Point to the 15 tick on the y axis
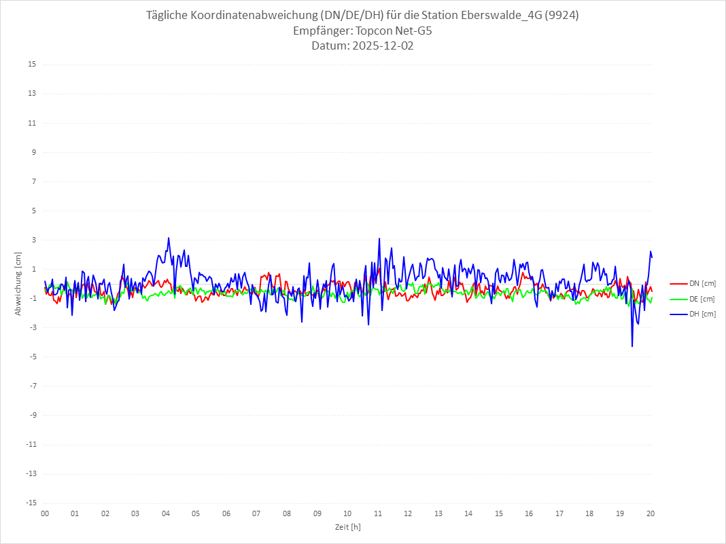(32, 65)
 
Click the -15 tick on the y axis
(31, 503)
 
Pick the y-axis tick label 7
(33, 181)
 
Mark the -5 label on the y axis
(32, 357)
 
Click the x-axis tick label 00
(45, 513)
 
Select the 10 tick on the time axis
(347, 513)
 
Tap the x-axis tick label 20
(651, 513)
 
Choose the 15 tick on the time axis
(499, 513)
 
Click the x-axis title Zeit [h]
(347, 526)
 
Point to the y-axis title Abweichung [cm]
(18, 283)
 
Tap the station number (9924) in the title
(562, 16)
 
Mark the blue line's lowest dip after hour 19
(632, 346)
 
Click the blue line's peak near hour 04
(169, 238)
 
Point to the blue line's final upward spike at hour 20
(651, 252)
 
